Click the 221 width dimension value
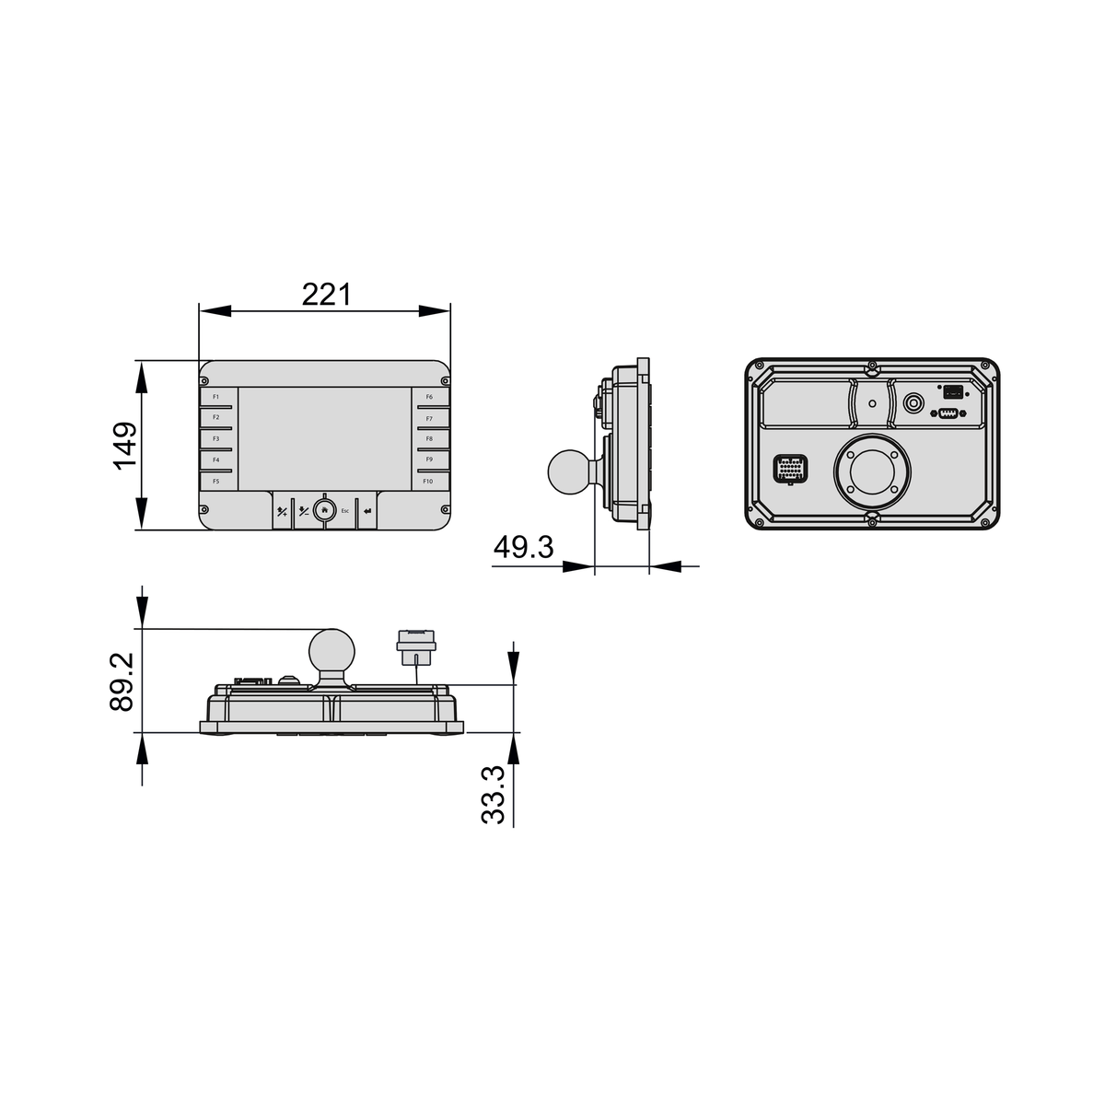pyautogui.click(x=326, y=295)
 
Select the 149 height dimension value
pyautogui.click(x=125, y=447)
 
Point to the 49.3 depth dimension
pyautogui.click(x=524, y=547)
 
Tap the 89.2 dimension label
pyautogui.click(x=121, y=682)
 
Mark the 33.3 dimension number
pyautogui.click(x=493, y=795)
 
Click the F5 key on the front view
pyautogui.click(x=216, y=482)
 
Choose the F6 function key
pyautogui.click(x=429, y=397)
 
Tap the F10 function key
pyautogui.click(x=428, y=482)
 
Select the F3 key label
pyautogui.click(x=216, y=438)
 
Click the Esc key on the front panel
pyautogui.click(x=344, y=510)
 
